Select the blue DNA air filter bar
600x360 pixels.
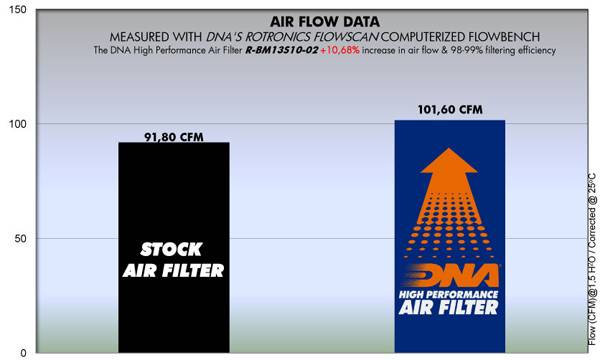(449, 240)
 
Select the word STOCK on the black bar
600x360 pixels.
(160, 251)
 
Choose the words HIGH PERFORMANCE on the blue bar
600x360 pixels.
(449, 321)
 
